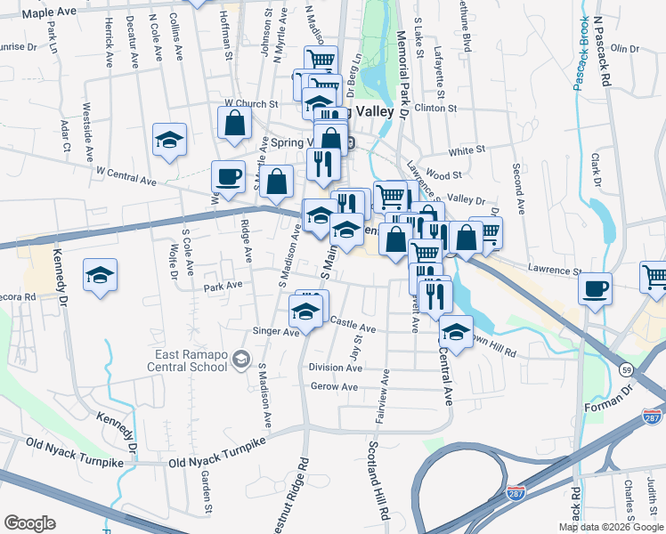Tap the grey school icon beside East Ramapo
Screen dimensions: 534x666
pos(240,359)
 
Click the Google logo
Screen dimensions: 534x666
pos(29,523)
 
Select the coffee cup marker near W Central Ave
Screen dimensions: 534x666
pos(228,176)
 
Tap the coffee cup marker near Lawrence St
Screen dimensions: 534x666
pos(595,287)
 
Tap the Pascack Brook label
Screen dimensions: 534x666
pos(581,53)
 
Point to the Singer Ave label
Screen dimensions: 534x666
pos(276,332)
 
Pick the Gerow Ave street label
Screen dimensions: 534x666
pos(334,387)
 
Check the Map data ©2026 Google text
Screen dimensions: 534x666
pos(610,527)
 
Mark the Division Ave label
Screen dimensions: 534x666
pos(334,367)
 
